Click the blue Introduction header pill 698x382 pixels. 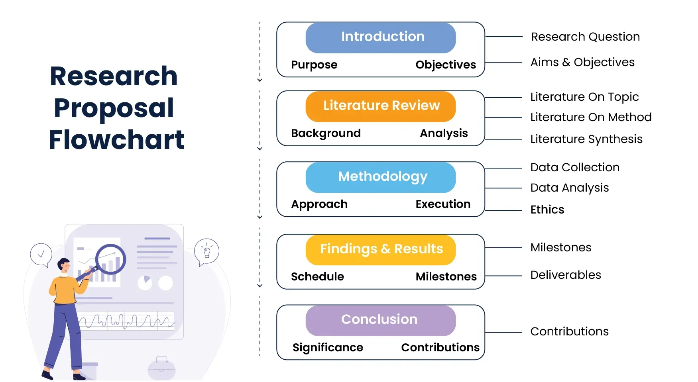tap(381, 38)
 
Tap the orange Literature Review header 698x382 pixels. tap(381, 106)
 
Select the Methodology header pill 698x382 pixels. tap(381, 177)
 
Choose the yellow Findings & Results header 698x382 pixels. tap(381, 250)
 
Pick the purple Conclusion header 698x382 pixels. tap(381, 320)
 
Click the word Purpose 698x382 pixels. tap(314, 65)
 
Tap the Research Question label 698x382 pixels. tap(585, 37)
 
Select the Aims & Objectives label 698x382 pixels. tap(582, 63)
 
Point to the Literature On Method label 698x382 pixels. tap(591, 117)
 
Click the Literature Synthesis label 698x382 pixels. tap(586, 139)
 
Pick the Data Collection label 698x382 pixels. tap(575, 167)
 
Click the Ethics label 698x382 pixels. tap(547, 210)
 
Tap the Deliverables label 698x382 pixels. tap(566, 275)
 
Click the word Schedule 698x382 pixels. tap(317, 276)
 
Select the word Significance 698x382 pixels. tap(328, 348)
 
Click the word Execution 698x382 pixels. tap(443, 204)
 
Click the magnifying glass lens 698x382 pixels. tap(111, 259)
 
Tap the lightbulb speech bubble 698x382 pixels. tap(206, 252)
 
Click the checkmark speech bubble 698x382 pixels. tap(41, 255)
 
